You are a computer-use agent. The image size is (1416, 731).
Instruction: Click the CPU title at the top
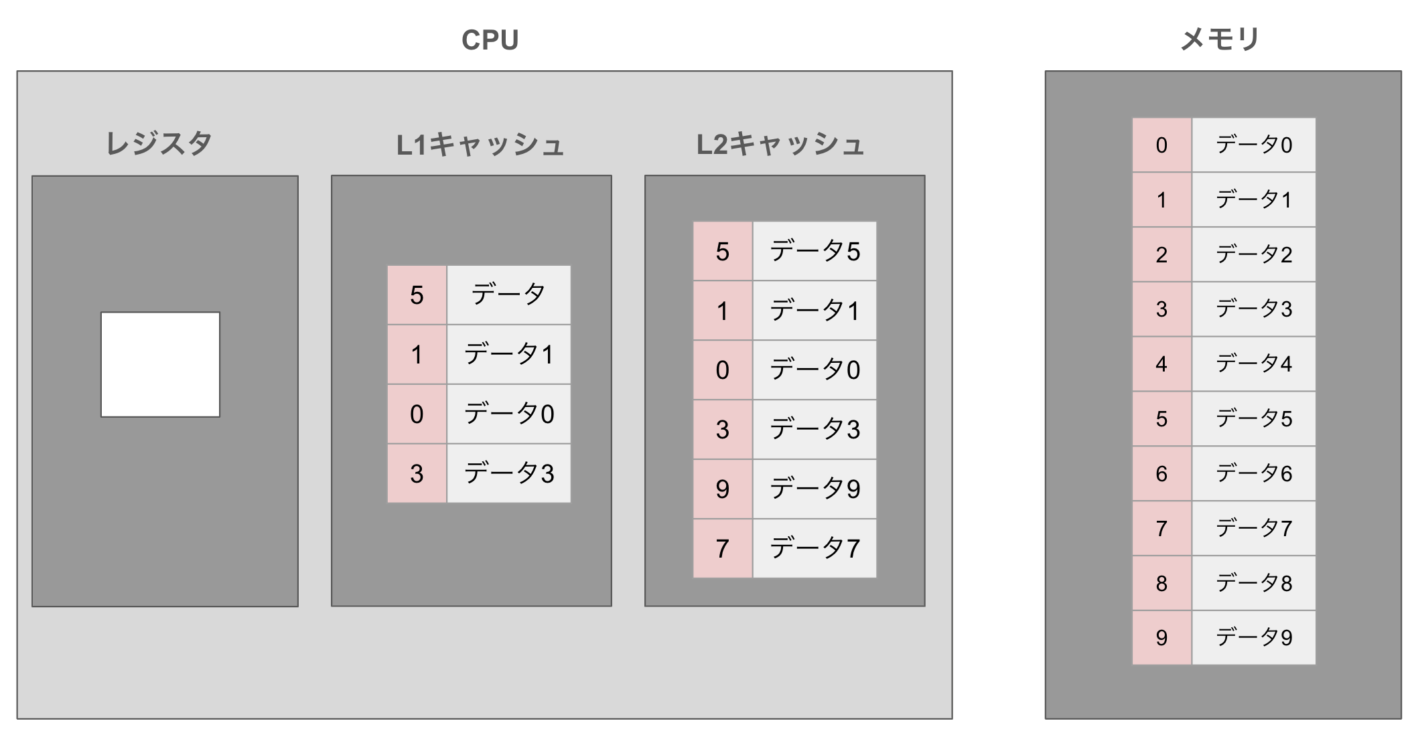(x=490, y=40)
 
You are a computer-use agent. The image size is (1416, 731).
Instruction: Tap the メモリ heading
(x=1220, y=39)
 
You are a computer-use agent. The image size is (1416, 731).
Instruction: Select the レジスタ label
(x=159, y=143)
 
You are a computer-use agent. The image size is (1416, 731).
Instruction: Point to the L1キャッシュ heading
(x=480, y=145)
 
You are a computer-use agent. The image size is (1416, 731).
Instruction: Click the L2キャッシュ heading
(x=780, y=145)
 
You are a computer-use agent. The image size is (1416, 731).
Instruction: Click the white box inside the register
(x=160, y=364)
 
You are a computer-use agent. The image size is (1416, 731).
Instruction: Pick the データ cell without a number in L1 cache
(x=508, y=295)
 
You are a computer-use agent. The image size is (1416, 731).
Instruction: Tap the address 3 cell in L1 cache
(x=417, y=473)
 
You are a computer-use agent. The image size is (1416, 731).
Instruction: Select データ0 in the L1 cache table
(x=508, y=414)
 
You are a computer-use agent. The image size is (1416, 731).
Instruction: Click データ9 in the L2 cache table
(x=815, y=489)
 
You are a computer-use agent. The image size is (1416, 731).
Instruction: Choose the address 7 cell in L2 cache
(x=722, y=548)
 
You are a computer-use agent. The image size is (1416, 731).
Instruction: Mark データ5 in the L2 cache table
(x=815, y=251)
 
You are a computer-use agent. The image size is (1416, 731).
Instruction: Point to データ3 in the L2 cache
(x=815, y=429)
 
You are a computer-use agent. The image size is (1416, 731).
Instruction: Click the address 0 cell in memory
(x=1161, y=145)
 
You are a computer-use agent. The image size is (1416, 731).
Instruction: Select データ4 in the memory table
(x=1253, y=363)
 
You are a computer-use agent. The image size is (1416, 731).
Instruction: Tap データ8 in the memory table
(x=1253, y=583)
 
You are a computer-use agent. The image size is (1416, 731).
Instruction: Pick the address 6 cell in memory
(x=1161, y=473)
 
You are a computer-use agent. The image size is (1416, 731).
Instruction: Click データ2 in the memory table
(x=1253, y=254)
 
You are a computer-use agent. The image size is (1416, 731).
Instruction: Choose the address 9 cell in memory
(x=1161, y=637)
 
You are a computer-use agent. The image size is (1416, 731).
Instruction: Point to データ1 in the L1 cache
(x=508, y=354)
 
